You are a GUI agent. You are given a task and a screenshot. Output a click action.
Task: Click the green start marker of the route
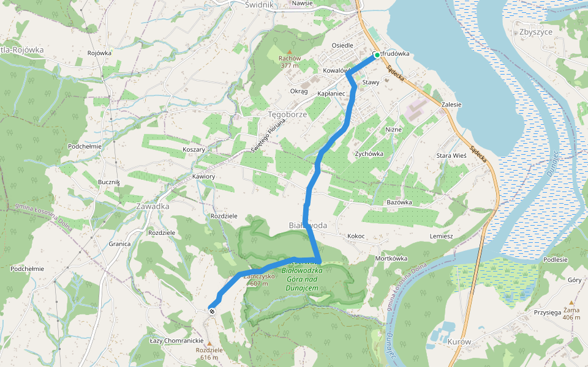click(x=376, y=56)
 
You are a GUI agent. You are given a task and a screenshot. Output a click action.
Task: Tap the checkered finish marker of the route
click(x=212, y=311)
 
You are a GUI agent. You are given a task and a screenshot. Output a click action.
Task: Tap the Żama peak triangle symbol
click(x=571, y=302)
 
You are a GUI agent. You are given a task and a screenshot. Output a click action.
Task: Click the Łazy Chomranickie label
click(x=176, y=340)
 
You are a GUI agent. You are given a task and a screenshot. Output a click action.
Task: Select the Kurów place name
click(x=459, y=341)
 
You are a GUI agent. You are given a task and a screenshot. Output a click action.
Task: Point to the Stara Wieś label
click(x=451, y=156)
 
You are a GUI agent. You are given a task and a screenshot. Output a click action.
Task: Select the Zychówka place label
click(x=369, y=154)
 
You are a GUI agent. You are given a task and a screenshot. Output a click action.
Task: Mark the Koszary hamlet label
click(x=194, y=149)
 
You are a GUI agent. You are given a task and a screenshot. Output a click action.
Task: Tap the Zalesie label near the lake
click(x=451, y=105)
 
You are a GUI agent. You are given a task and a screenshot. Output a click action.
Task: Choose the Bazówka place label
click(x=399, y=202)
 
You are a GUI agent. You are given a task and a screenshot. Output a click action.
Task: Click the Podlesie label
click(x=555, y=260)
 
